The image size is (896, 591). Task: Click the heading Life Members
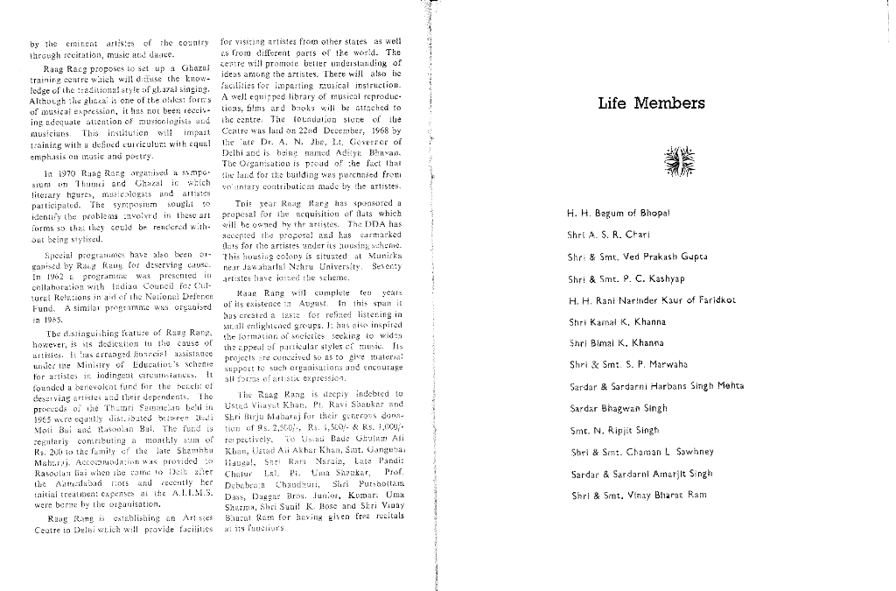[x=651, y=104]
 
